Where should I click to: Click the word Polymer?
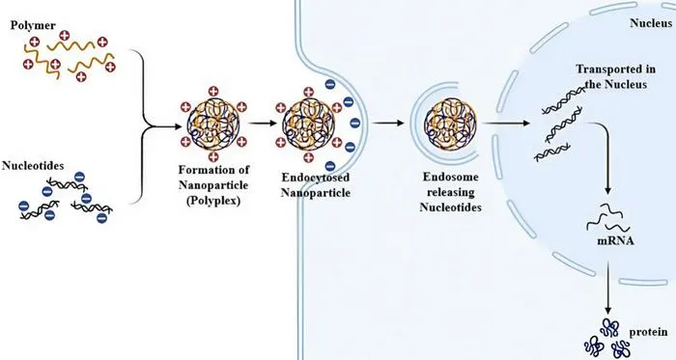coord(33,26)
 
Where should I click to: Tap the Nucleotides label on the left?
coord(33,166)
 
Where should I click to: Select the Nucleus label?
coord(651,23)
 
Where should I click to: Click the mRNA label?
coord(616,240)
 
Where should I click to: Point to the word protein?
coord(648,332)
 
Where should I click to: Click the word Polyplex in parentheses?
coord(213,201)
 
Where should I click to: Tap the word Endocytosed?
coord(316,178)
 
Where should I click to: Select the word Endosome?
coord(451,177)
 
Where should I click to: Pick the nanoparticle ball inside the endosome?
coord(451,124)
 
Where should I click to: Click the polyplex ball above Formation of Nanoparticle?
coord(213,125)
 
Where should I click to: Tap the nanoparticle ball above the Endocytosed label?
coord(309,125)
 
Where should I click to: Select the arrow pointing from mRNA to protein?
coord(608,289)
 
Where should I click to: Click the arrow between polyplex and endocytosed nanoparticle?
coord(262,124)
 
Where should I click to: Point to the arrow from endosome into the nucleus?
coord(506,124)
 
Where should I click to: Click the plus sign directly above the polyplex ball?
coord(213,92)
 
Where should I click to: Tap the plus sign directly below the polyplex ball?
coord(213,157)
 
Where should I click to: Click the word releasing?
coord(451,192)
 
